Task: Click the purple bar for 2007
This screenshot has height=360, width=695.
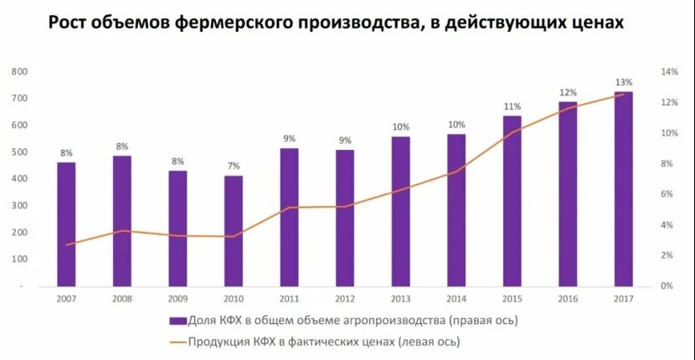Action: pyautogui.click(x=66, y=224)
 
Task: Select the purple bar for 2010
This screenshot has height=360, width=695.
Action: pyautogui.click(x=234, y=230)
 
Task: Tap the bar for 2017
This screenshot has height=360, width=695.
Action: pyautogui.click(x=623, y=188)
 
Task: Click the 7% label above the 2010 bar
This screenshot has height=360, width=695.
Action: pyautogui.click(x=234, y=166)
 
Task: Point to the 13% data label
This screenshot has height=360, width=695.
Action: pyautogui.click(x=623, y=82)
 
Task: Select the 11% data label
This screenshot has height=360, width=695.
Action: pyautogui.click(x=512, y=106)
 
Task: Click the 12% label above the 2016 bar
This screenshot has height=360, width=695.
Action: pyautogui.click(x=568, y=92)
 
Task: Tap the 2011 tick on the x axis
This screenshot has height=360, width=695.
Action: pyautogui.click(x=289, y=298)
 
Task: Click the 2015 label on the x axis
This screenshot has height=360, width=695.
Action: pyautogui.click(x=512, y=298)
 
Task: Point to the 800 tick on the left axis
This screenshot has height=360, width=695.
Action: pyautogui.click(x=20, y=72)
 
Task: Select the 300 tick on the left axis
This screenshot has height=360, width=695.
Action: pyautogui.click(x=20, y=206)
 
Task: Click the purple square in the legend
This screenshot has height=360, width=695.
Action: pyautogui.click(x=177, y=320)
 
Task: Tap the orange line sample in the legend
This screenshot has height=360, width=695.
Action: pyautogui.click(x=177, y=342)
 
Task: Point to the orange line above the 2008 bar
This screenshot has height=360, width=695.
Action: pyautogui.click(x=122, y=230)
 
